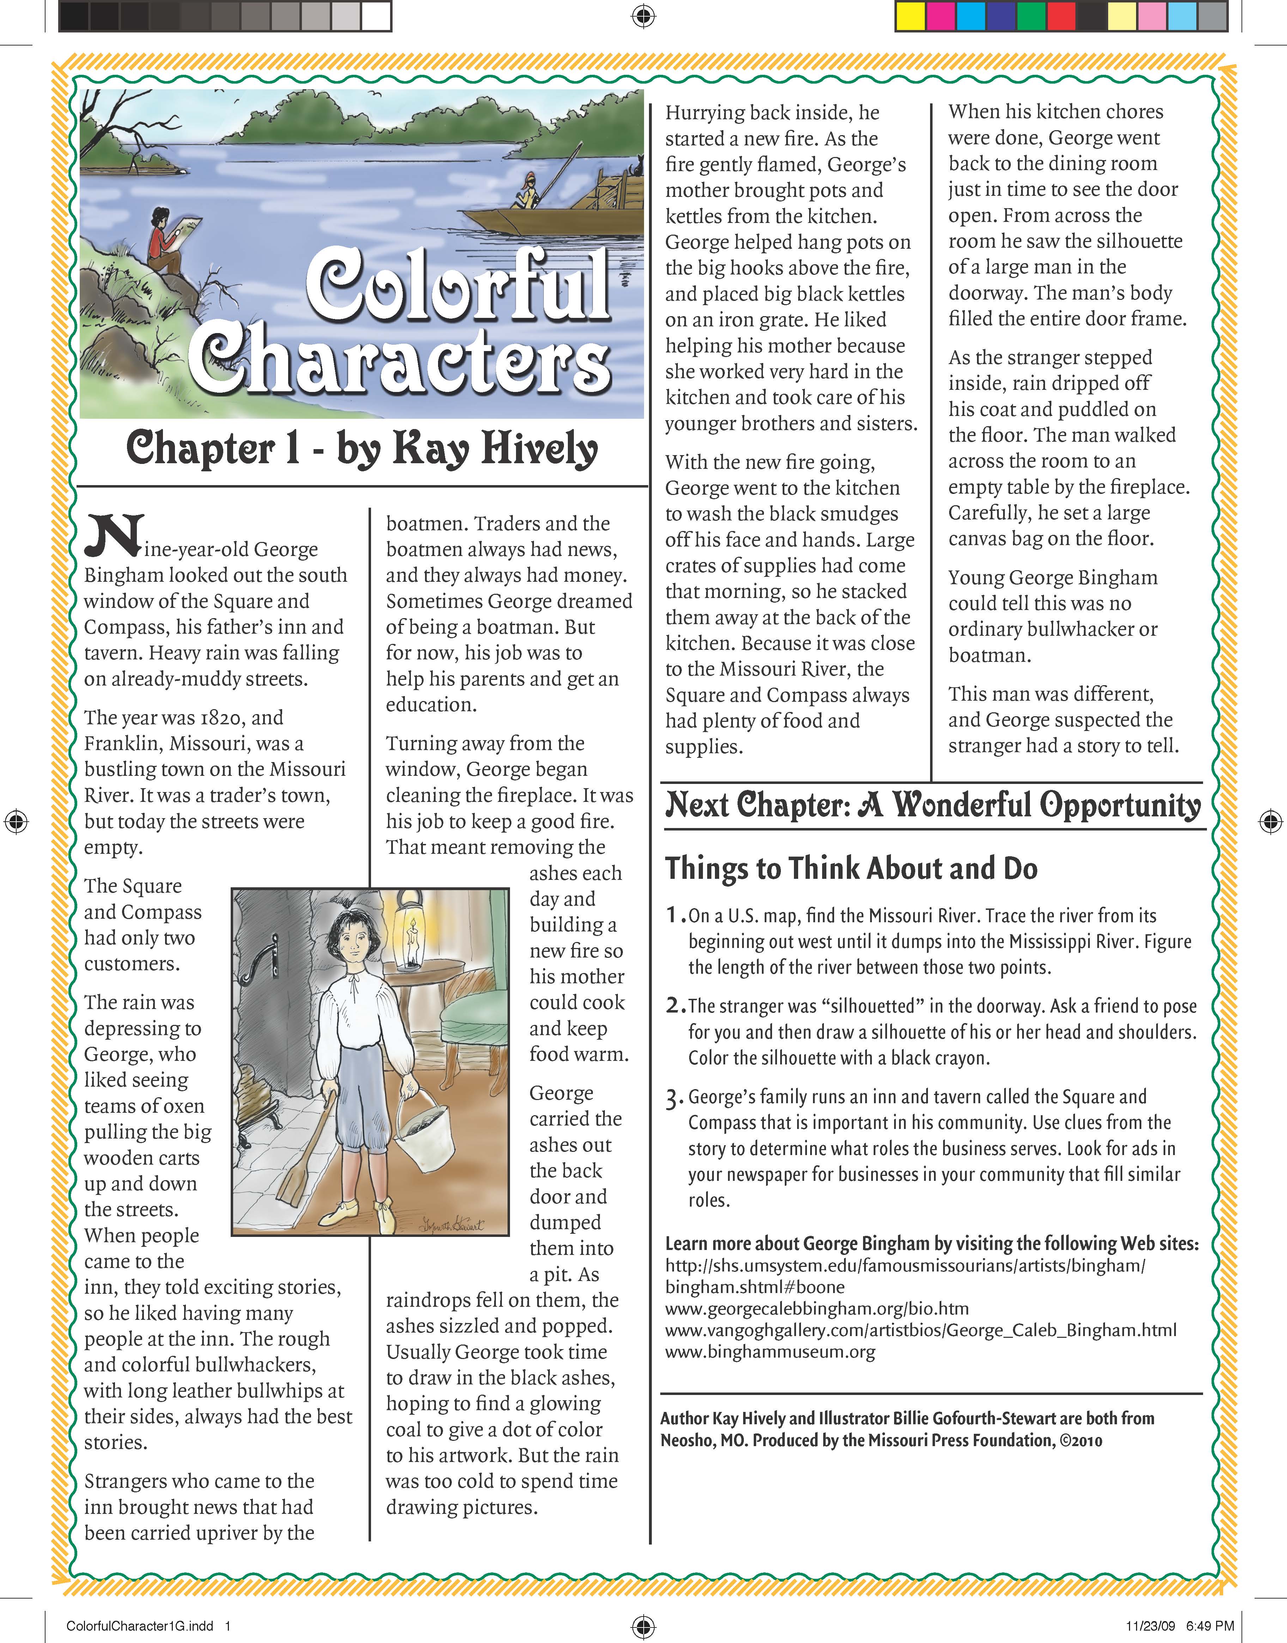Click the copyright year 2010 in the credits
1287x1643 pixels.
pyautogui.click(x=1088, y=1440)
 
